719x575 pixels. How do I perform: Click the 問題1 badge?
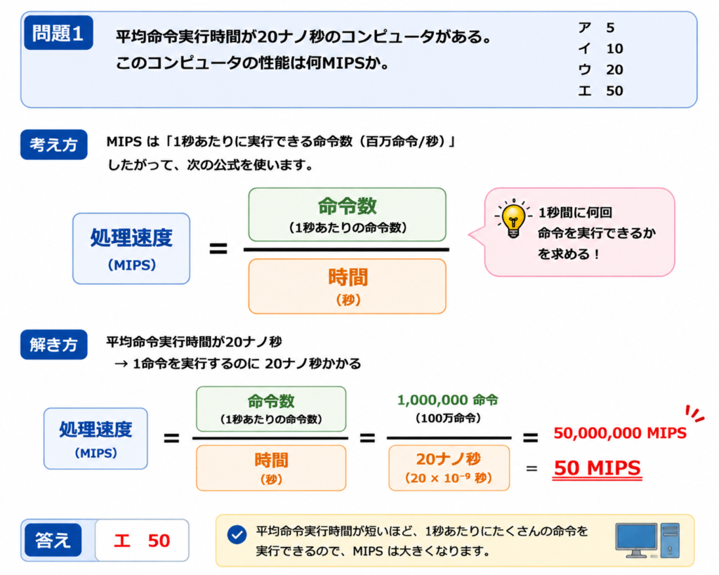(58, 32)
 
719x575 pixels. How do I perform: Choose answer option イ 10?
(601, 48)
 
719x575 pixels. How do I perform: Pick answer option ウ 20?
(601, 70)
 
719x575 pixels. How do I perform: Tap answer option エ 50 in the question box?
(601, 91)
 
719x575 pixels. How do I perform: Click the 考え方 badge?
(53, 145)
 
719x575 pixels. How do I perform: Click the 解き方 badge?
(53, 344)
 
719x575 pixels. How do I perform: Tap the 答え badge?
(53, 540)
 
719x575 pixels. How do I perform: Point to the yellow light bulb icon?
(513, 218)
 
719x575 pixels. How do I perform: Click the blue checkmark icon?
(237, 535)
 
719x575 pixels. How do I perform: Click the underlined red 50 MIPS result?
(597, 468)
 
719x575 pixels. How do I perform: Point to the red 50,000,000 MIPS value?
(620, 433)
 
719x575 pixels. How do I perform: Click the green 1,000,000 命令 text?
(447, 400)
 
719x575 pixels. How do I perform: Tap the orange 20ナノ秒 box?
(449, 468)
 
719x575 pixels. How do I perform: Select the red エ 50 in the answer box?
(142, 541)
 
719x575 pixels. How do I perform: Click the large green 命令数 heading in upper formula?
(347, 206)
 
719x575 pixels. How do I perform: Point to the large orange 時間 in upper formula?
(348, 277)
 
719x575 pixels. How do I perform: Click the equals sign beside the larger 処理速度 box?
(218, 249)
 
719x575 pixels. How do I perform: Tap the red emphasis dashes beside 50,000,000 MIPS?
(694, 413)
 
